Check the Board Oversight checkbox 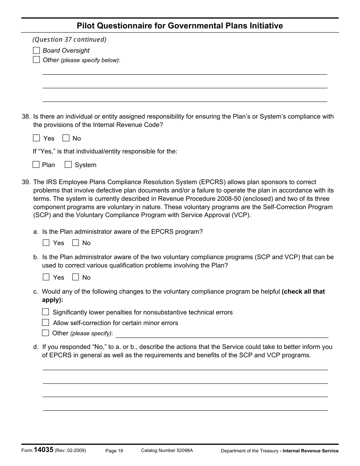[x=36, y=50]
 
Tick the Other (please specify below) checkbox [x=36, y=59]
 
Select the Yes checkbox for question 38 [x=36, y=138]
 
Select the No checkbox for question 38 [x=66, y=138]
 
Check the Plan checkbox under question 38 [x=36, y=164]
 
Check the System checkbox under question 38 [x=68, y=164]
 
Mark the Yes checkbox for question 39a [x=46, y=242]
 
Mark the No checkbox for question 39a [x=75, y=242]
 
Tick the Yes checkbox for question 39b [x=46, y=277]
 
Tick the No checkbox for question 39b [x=75, y=277]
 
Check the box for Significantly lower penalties [x=45, y=312]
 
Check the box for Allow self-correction [x=45, y=322]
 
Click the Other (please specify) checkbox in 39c [x=45, y=333]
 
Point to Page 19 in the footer [x=114, y=450]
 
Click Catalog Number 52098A [x=167, y=450]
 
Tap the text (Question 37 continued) [x=69, y=39]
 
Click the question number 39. [x=26, y=182]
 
